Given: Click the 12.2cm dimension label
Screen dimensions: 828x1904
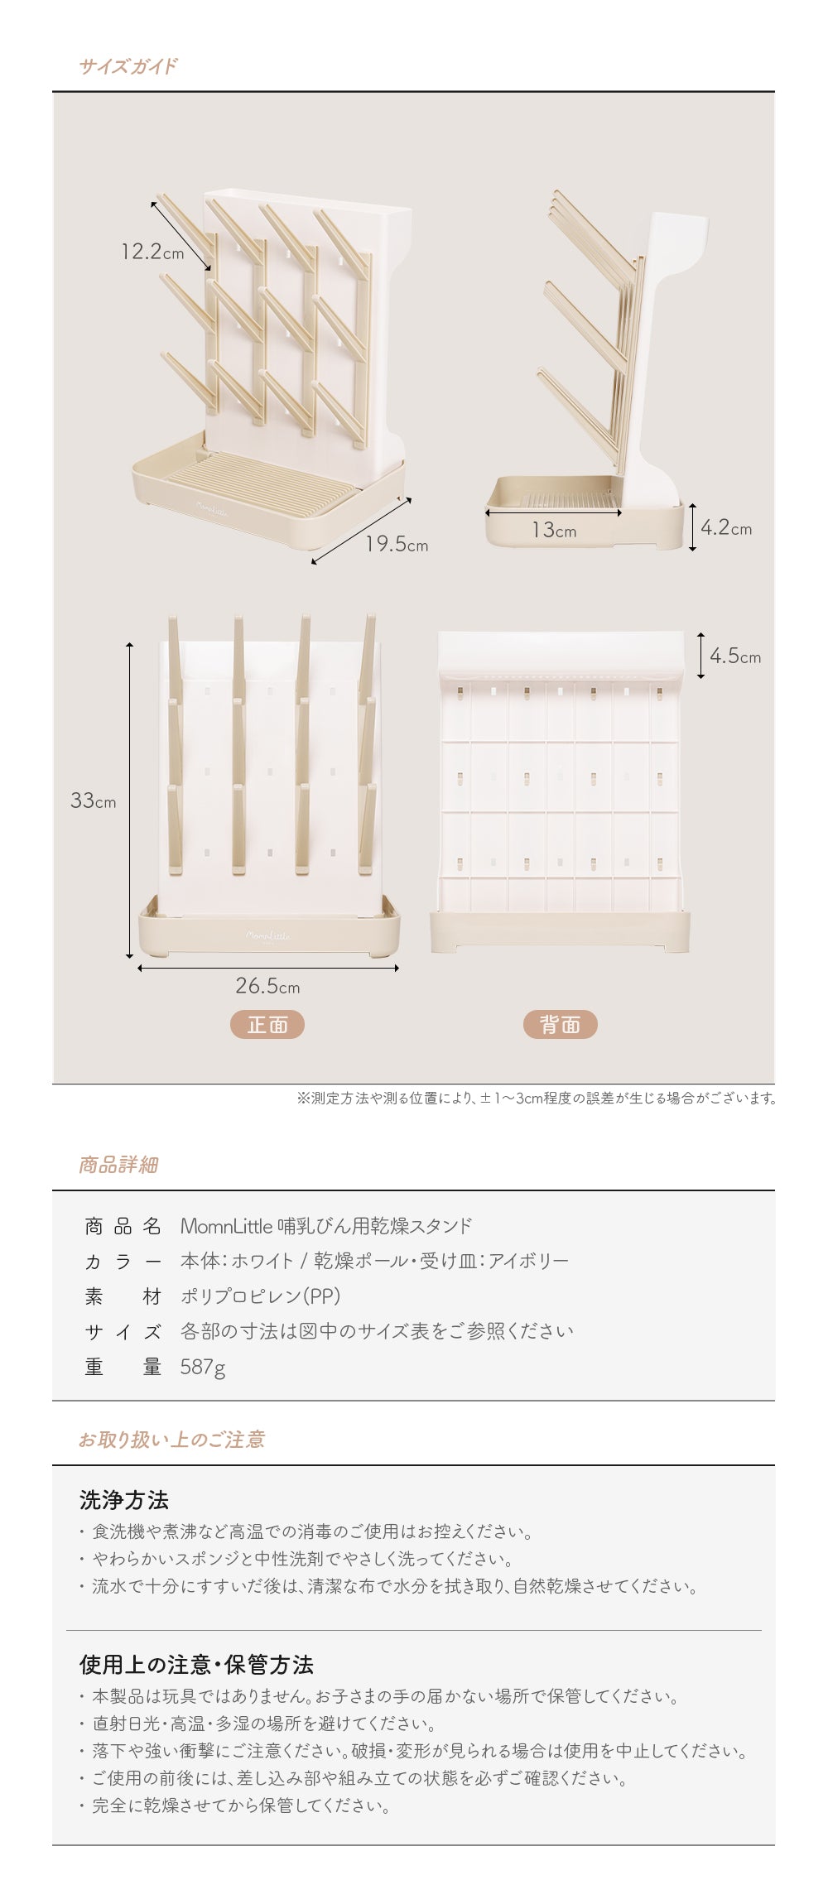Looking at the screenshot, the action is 152,251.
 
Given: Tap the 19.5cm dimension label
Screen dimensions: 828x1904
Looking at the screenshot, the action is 397,544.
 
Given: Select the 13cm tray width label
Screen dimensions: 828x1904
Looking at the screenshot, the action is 554,530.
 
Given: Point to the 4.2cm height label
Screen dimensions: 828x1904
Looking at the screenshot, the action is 726,528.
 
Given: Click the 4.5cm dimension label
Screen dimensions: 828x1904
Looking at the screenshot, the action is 735,656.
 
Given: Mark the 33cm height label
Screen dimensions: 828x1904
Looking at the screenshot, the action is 93,801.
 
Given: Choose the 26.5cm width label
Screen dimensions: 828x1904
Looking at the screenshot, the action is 267,986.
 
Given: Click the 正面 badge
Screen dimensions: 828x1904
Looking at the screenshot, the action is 267,1025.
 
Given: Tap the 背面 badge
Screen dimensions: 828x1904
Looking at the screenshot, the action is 560,1025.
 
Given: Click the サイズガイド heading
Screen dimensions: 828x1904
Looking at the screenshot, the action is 128,66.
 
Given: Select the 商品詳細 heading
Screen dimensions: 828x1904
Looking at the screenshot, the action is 118,1166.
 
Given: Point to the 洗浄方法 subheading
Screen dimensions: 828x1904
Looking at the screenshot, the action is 123,1499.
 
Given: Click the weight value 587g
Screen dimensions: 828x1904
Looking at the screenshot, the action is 203,1368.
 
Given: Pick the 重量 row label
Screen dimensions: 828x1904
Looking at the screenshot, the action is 123,1368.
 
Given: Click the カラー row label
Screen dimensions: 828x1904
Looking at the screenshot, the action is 123,1262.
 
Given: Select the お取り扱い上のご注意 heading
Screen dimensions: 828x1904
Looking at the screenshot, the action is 171,1440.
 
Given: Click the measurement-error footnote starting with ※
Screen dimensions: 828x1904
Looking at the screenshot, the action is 537,1099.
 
